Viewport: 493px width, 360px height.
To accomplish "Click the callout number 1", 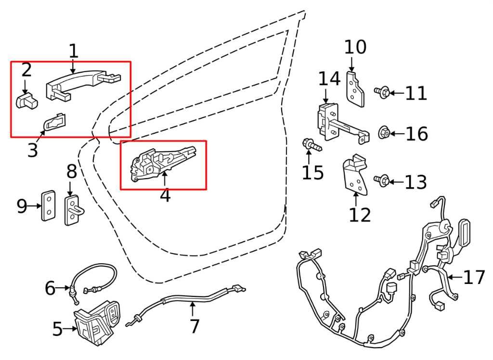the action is [x=73, y=51].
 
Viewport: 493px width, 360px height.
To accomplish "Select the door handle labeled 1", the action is [x=82, y=84].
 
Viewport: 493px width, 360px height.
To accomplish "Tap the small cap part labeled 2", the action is [x=26, y=100].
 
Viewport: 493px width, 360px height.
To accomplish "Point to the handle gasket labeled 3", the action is [x=55, y=122].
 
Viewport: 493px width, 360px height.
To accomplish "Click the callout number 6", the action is [x=50, y=288].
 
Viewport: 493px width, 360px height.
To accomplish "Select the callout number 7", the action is [x=195, y=326].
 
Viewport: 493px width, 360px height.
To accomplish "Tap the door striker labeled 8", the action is [x=73, y=210].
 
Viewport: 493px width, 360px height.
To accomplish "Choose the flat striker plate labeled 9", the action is [x=49, y=206].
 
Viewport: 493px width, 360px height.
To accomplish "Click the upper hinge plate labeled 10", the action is [x=356, y=90].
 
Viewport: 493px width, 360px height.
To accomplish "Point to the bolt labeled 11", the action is [x=382, y=92].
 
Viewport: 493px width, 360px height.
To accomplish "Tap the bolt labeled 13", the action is [x=382, y=181].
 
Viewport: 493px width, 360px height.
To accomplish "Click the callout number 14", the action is [x=329, y=78].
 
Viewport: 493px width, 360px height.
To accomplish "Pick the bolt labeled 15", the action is [x=312, y=145].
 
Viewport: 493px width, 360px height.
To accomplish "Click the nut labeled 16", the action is [x=384, y=133].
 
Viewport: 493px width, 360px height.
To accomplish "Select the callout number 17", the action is [x=474, y=277].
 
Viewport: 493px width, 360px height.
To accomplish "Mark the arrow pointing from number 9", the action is [x=34, y=206].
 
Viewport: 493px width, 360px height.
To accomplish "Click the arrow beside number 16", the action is [x=397, y=134].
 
